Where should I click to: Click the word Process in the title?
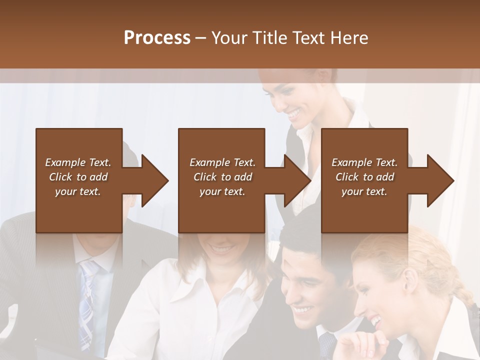157,38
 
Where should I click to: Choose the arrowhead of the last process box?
440,180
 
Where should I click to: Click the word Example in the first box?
65,162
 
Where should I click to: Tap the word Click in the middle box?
204,177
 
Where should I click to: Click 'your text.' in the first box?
78,191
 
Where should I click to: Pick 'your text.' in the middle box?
222,191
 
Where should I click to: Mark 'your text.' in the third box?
364,191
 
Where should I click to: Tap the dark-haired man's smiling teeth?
303,310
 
